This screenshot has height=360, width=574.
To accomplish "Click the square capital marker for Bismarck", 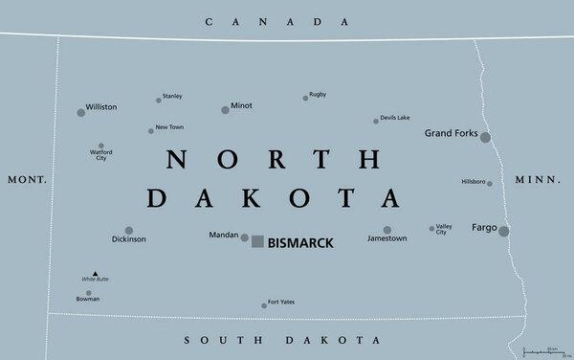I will tap(257, 242).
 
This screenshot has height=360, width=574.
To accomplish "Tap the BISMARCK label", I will tap(300, 243).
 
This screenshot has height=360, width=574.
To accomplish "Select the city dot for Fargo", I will tap(504, 231).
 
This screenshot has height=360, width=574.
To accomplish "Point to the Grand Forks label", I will tap(451, 132).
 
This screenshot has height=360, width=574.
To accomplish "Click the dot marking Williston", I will tap(81, 112).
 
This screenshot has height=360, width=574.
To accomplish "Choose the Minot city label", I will tap(242, 105).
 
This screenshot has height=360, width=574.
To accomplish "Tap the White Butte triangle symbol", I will tap(95, 273).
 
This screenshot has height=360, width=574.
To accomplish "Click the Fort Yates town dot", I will tap(264, 305).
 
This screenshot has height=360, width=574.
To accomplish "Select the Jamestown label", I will tap(387, 238).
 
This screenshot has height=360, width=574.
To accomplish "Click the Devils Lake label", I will tap(395, 117).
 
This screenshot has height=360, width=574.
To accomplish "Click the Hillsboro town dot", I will tap(491, 183).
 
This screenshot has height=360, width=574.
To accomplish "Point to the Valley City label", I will tap(441, 229).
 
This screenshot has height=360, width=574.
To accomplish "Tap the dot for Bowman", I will tap(89, 293).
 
